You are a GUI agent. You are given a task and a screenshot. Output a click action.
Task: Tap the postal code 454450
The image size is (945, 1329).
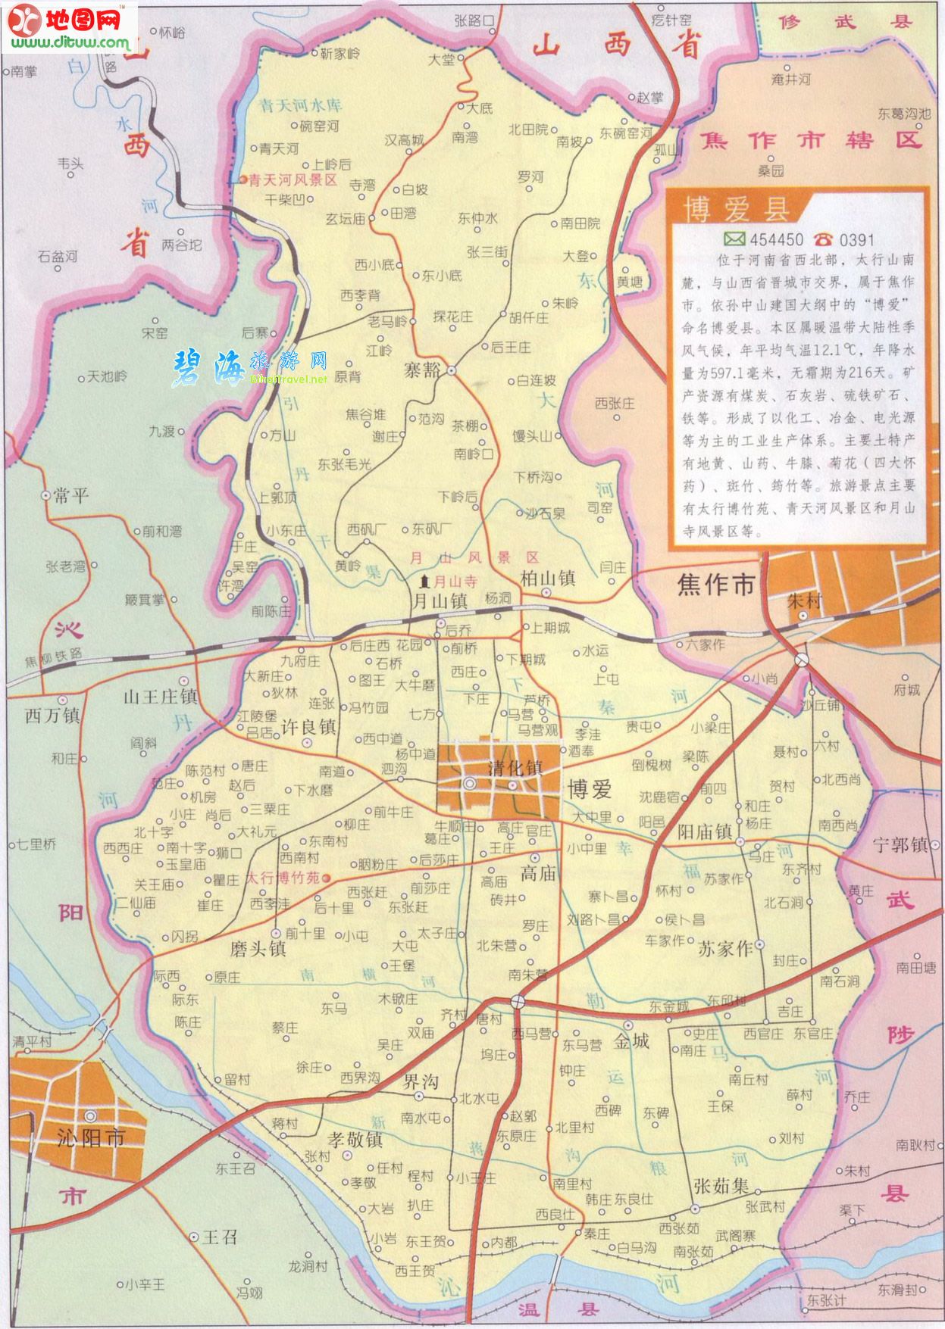(776, 240)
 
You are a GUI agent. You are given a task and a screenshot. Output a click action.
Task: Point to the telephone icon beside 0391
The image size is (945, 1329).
(823, 239)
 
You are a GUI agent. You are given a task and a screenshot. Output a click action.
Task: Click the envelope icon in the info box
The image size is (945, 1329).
(734, 240)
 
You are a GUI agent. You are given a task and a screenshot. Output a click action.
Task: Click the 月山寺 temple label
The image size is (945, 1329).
(453, 581)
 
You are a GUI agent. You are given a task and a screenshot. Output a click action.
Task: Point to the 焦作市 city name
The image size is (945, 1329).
(716, 585)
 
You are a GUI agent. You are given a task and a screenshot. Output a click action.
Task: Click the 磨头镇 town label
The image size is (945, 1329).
(258, 947)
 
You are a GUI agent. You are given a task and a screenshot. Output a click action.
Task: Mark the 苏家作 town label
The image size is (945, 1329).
(725, 949)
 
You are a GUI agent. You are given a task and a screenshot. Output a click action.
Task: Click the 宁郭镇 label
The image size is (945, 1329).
(900, 845)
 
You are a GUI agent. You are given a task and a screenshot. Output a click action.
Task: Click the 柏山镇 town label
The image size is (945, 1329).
(548, 579)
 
